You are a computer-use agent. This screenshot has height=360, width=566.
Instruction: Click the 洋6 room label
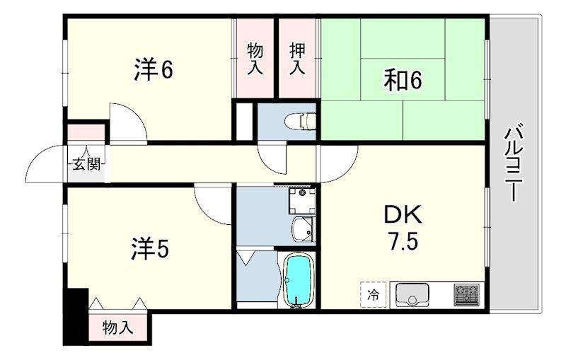coord(154,69)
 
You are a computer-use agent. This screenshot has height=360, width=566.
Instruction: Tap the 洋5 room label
coord(149,248)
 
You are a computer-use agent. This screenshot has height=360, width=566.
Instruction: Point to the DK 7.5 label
coord(403,228)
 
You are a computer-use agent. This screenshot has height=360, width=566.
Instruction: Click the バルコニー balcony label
coord(512,162)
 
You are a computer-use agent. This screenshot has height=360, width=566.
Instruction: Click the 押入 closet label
coord(297,59)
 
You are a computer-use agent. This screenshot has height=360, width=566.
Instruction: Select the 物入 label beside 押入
coord(255,59)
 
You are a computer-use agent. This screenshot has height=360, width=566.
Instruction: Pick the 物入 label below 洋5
coord(117,328)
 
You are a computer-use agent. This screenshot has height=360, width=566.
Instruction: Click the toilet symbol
coord(300,121)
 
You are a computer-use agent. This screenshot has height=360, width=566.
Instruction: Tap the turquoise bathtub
coord(298,281)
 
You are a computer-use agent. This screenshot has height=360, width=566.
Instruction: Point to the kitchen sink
coord(412,294)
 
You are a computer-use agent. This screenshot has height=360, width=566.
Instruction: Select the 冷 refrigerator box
coord(374,295)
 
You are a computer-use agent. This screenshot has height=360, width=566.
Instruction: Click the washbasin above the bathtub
coord(303,228)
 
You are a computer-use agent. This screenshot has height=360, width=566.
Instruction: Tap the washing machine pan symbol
coord(302,201)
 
